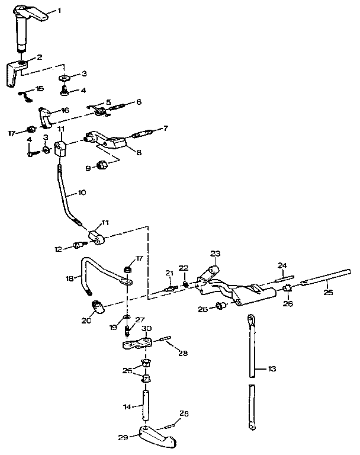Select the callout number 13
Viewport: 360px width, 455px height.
pyautogui.click(x=272, y=368)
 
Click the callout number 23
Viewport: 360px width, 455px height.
pyautogui.click(x=215, y=255)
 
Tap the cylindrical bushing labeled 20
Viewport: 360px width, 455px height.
pyautogui.click(x=98, y=307)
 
